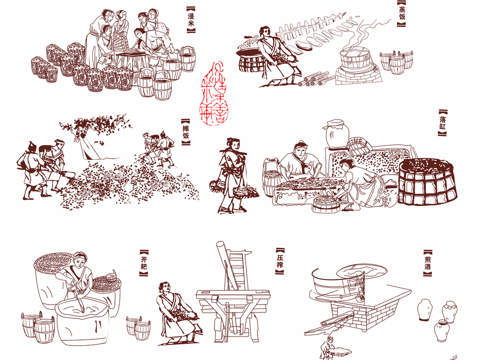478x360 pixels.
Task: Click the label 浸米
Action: [x=191, y=20]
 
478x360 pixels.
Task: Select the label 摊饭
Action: [x=185, y=131]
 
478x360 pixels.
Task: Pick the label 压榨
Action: [x=280, y=261]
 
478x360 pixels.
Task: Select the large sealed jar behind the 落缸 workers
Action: [x=337, y=133]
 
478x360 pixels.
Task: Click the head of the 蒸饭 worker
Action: [x=266, y=33]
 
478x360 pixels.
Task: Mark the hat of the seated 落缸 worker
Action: [x=300, y=145]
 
